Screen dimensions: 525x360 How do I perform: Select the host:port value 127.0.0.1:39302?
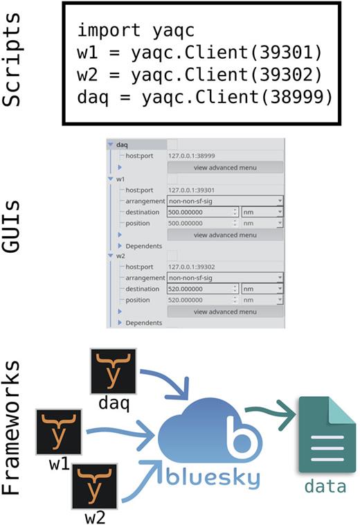click(x=196, y=266)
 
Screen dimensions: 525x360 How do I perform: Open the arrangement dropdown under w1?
click(x=226, y=200)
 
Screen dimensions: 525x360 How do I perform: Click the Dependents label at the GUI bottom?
click(x=144, y=323)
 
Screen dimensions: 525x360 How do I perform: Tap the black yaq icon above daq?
click(x=114, y=372)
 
